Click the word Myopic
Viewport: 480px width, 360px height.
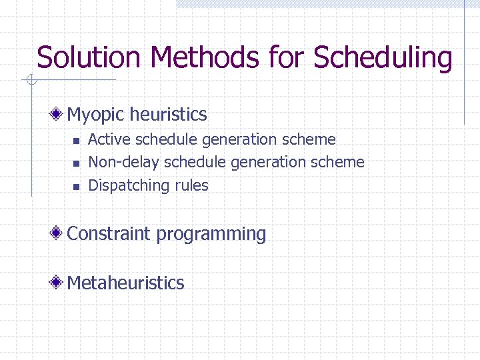pyautogui.click(x=96, y=115)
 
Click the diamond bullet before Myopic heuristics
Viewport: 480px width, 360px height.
pyautogui.click(x=59, y=114)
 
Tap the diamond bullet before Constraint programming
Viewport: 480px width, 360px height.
pyautogui.click(x=59, y=233)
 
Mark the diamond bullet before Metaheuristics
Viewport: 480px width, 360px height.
pyautogui.click(x=59, y=282)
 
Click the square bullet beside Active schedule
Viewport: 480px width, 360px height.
pyautogui.click(x=76, y=141)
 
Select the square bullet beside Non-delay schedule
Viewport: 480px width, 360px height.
pyautogui.click(x=76, y=163)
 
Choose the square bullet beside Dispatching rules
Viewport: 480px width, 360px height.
pyautogui.click(x=76, y=186)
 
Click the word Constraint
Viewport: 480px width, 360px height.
pyautogui.click(x=109, y=234)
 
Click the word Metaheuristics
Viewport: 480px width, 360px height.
pyautogui.click(x=125, y=283)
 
